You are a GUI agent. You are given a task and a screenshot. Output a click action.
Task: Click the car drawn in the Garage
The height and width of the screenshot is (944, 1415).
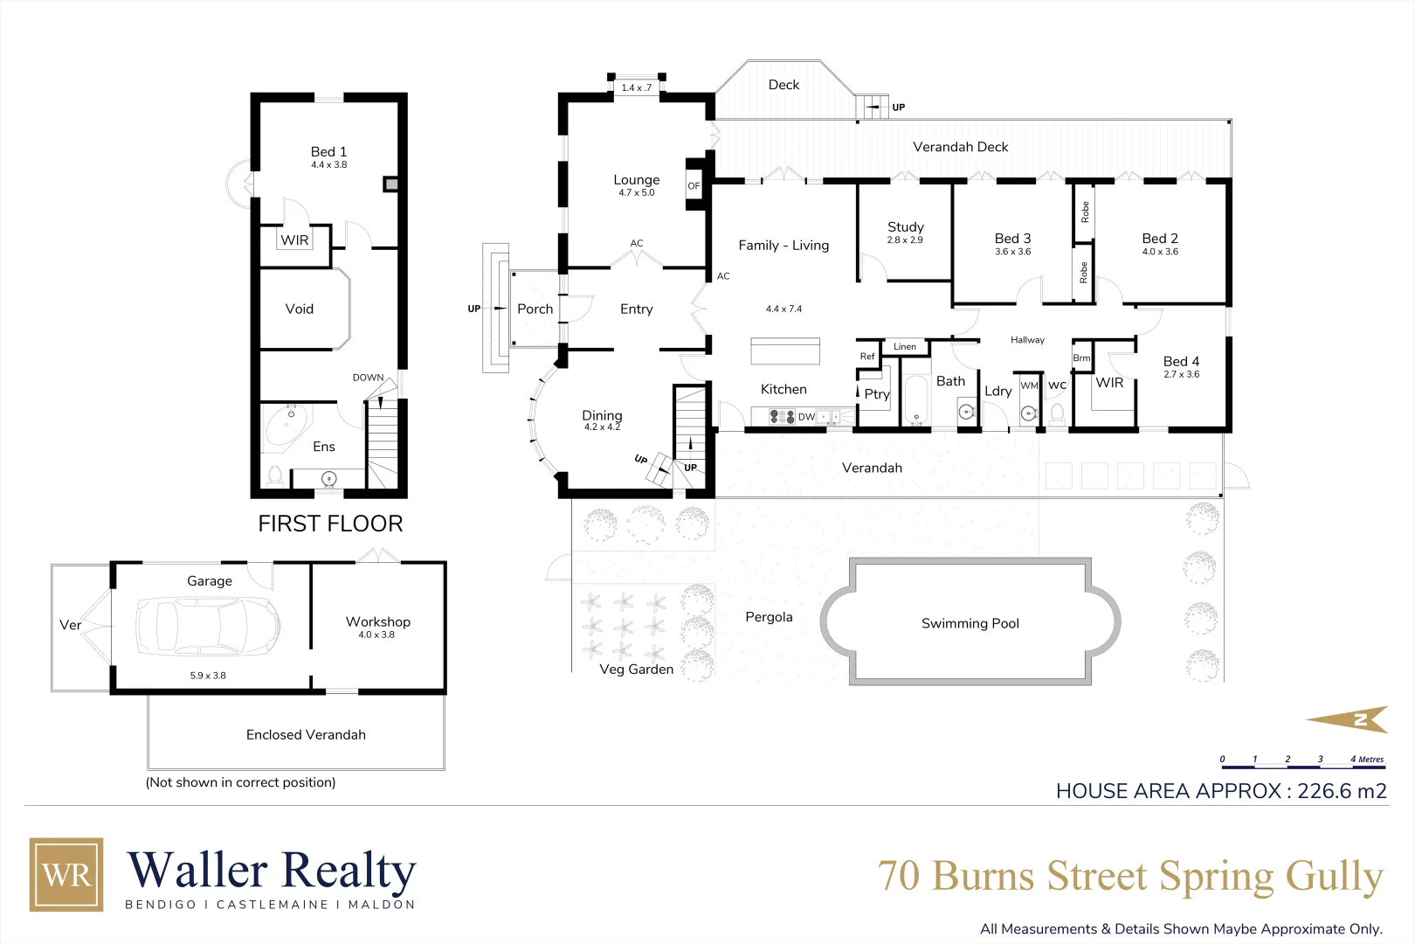click(208, 626)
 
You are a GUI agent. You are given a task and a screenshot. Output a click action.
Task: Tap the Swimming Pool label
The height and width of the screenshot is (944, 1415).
click(970, 623)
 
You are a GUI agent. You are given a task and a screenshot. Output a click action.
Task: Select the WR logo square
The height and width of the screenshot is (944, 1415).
click(66, 874)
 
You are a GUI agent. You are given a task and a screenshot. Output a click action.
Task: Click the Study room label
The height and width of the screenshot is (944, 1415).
click(905, 227)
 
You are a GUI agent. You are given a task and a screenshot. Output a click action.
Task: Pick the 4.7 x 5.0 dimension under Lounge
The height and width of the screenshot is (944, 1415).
click(636, 193)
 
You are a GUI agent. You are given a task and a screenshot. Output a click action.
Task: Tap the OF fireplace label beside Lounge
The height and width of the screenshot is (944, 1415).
click(694, 186)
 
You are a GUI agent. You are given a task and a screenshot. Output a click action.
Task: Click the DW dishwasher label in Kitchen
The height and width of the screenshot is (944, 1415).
click(805, 417)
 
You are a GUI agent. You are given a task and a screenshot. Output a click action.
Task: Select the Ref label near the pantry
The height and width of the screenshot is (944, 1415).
click(866, 357)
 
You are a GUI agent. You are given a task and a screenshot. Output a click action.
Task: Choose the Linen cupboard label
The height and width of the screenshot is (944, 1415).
click(905, 347)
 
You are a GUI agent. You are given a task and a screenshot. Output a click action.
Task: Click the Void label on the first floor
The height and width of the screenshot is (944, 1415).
click(299, 309)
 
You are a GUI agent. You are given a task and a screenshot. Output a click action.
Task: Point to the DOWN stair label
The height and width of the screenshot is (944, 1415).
click(368, 378)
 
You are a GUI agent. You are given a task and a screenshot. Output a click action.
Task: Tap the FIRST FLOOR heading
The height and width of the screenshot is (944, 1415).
click(330, 524)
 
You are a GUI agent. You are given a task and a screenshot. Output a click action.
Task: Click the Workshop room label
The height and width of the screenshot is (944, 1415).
click(377, 621)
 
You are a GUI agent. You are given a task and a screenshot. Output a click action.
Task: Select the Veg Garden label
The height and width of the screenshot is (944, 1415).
click(636, 670)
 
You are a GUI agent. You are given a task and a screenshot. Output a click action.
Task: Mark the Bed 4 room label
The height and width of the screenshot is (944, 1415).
click(1181, 362)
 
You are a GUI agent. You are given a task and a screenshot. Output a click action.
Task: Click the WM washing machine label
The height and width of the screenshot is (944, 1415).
click(1029, 385)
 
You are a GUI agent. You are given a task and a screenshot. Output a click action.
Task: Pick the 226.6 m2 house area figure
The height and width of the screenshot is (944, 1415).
click(1342, 791)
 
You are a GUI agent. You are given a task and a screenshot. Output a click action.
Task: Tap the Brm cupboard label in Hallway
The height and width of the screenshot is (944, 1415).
click(1081, 358)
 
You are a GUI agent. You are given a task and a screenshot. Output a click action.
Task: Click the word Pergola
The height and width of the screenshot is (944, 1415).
click(769, 617)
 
